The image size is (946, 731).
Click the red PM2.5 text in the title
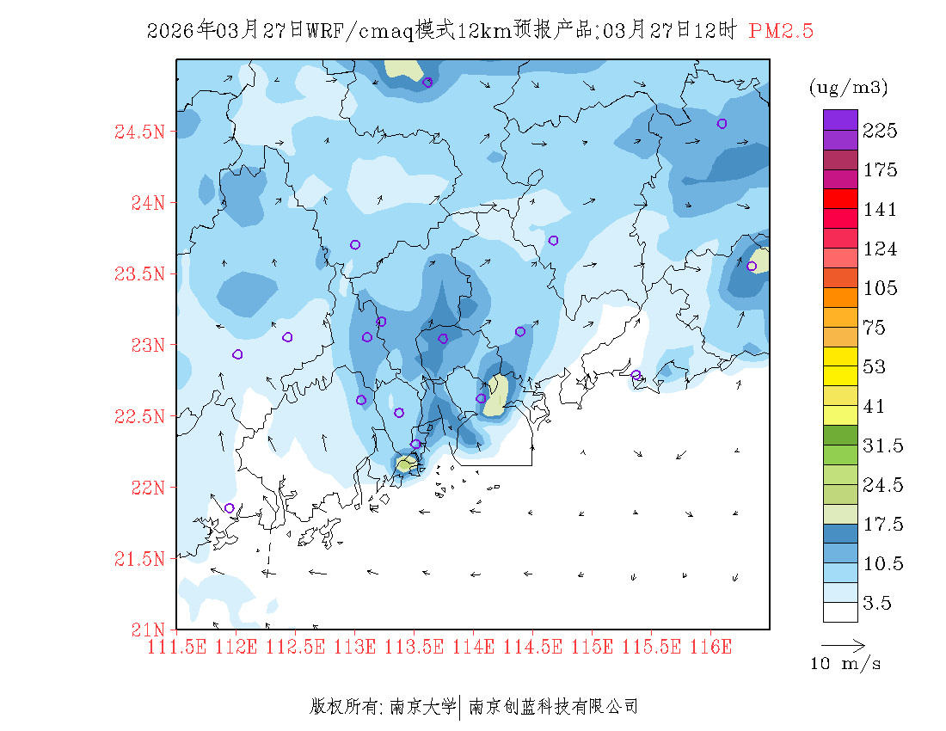pos(781,31)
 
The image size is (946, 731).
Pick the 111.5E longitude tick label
pos(177,646)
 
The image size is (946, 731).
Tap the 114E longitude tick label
pos(474,646)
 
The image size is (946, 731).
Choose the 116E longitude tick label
pos(711,646)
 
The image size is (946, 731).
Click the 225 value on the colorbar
pos(881,131)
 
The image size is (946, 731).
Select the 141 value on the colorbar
pos(881,210)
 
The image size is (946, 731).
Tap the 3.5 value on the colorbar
pos(878,604)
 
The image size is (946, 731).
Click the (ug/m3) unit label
pos(848,88)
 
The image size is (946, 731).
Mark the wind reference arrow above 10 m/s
pos(843,644)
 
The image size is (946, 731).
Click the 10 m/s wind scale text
pos(846,664)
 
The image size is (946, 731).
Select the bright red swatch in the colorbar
pos(840,199)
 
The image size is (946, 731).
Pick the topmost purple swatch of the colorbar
pos(840,120)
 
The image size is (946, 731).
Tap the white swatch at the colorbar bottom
pos(840,611)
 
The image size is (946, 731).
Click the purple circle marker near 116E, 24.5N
pos(722,124)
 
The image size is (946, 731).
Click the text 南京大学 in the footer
pos(422,707)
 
